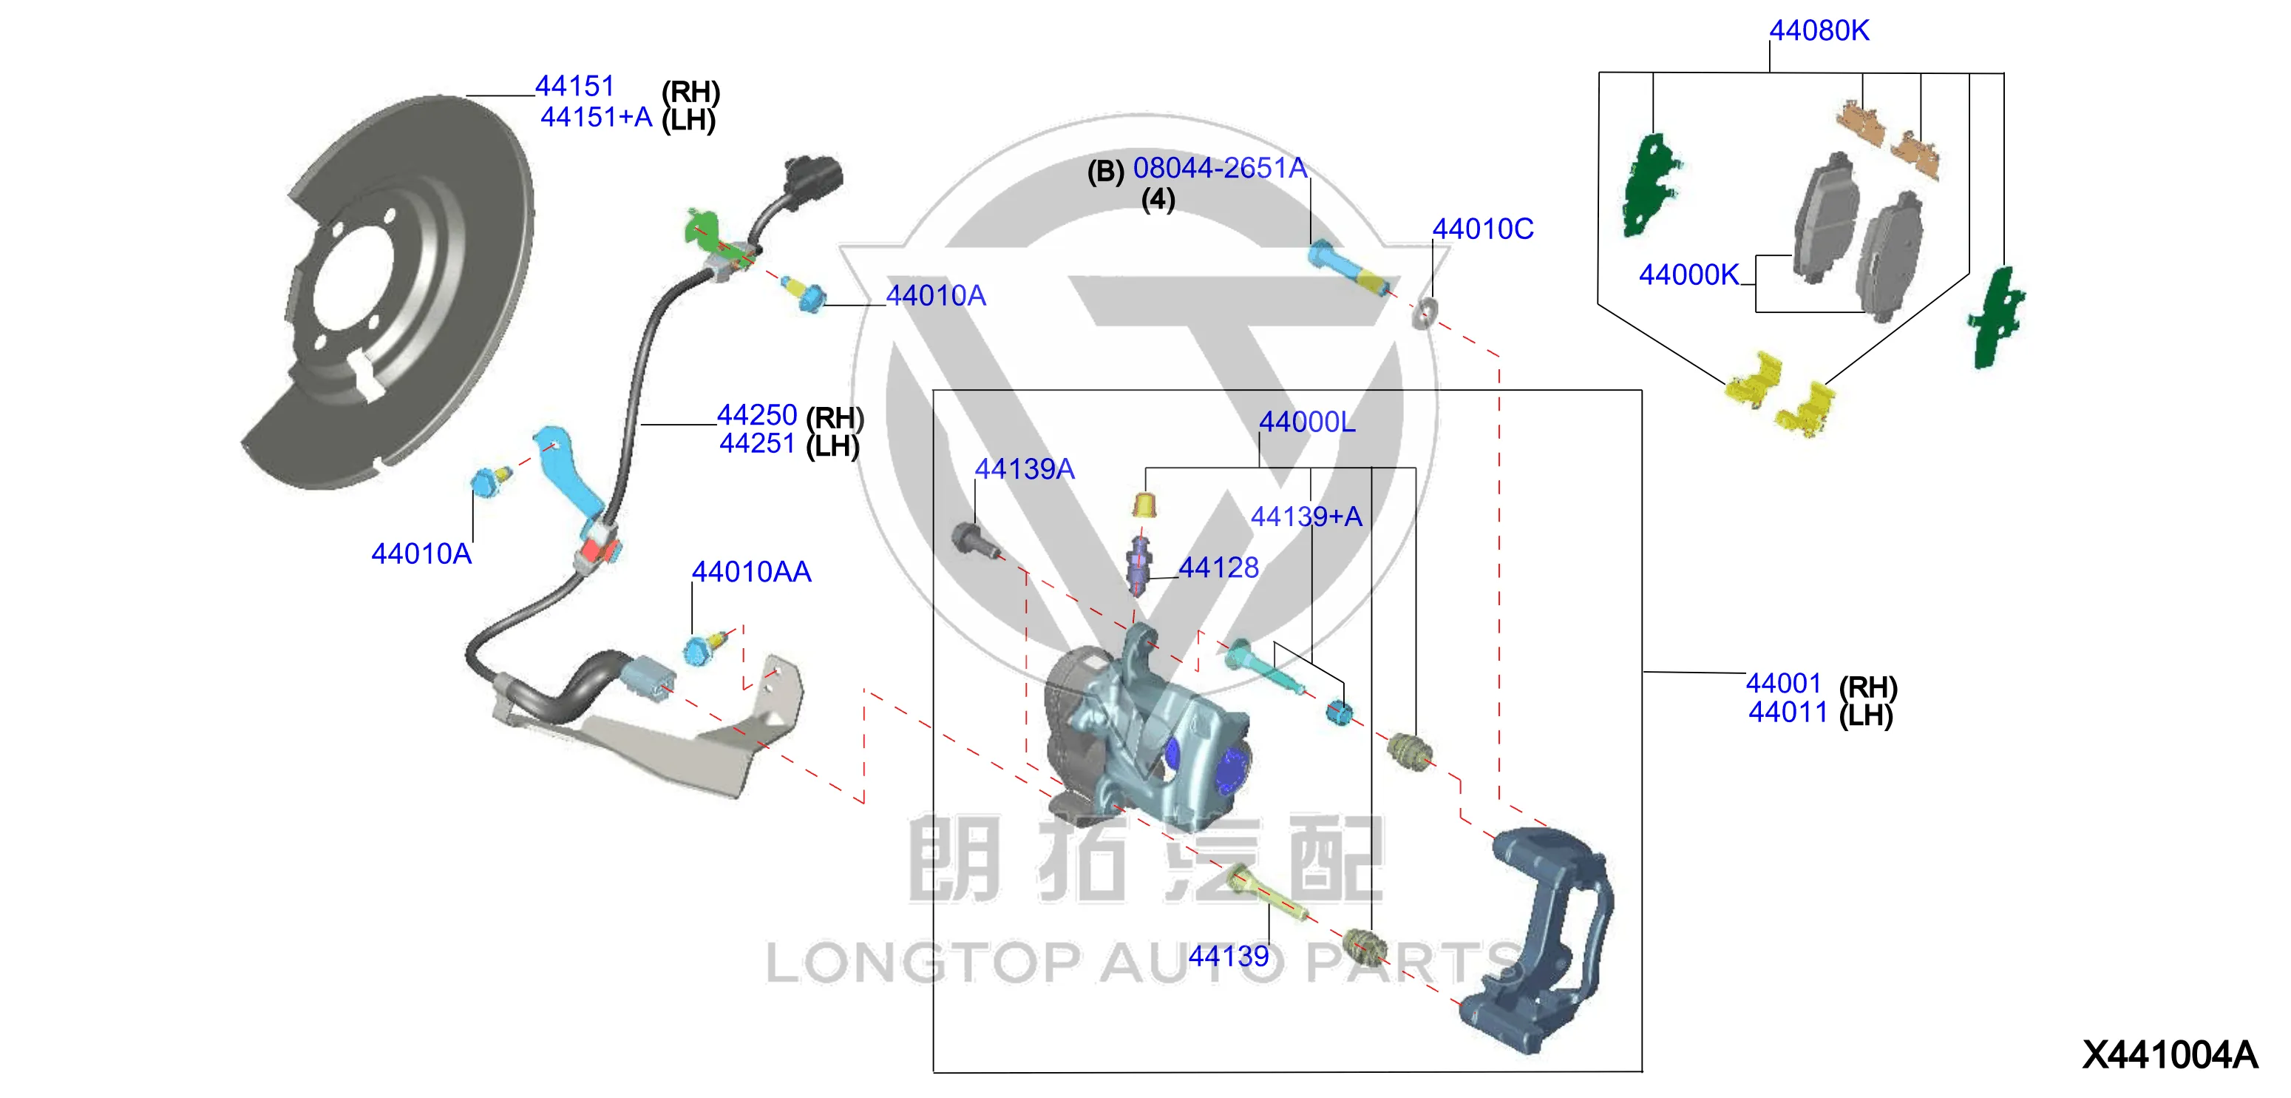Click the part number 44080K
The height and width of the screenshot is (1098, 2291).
point(1819,30)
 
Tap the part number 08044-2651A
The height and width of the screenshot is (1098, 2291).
point(1219,167)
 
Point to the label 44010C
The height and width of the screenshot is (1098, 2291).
point(1482,229)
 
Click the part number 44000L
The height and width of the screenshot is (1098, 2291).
point(1306,422)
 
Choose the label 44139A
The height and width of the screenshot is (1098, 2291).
point(1025,469)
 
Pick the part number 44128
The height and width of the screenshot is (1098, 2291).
point(1218,567)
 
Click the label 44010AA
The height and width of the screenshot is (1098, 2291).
point(752,571)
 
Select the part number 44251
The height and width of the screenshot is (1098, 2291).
point(757,443)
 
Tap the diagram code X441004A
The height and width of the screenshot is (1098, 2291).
point(2169,1054)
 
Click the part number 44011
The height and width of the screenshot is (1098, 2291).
point(1788,712)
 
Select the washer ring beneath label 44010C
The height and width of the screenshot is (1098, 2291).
point(1424,313)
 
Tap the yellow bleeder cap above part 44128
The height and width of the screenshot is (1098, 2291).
point(1144,504)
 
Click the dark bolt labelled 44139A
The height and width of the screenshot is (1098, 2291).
point(974,539)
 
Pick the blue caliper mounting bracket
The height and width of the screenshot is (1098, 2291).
point(1537,940)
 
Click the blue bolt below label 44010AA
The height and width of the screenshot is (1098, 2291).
point(705,647)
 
